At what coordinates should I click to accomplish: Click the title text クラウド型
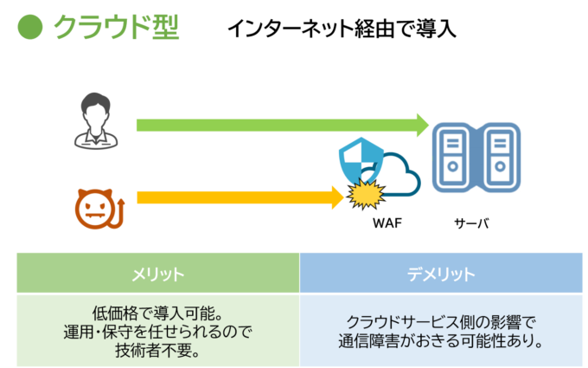tap(116, 27)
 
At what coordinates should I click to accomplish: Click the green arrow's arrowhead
tap(422, 125)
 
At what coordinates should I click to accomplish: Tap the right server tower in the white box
tap(500, 157)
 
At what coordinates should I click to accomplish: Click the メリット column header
tap(157, 274)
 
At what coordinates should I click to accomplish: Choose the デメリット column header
tap(441, 274)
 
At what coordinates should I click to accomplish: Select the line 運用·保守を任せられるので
tap(157, 331)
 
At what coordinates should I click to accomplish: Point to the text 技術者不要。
tap(157, 349)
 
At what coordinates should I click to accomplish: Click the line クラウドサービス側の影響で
tap(441, 321)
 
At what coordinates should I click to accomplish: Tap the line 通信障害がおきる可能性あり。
tap(441, 340)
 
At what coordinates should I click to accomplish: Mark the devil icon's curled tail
tap(120, 213)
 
